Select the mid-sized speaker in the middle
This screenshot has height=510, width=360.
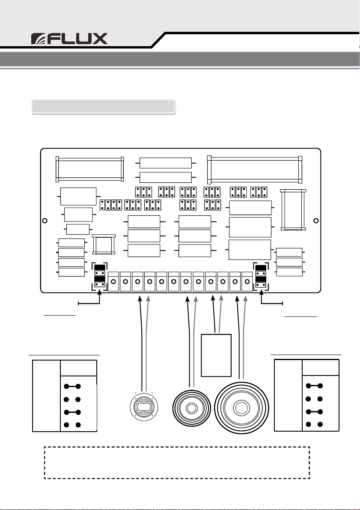191,407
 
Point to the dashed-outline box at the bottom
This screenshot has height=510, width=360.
177,462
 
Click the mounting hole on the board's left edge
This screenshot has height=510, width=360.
45,221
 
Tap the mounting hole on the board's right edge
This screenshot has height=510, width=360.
316,221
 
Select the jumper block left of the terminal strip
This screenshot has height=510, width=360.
100,277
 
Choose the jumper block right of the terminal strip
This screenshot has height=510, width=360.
261,276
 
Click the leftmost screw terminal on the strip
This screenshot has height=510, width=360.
113,282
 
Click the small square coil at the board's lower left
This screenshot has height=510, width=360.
103,245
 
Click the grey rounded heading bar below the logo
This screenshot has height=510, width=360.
104,106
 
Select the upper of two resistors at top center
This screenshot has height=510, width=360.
165,163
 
